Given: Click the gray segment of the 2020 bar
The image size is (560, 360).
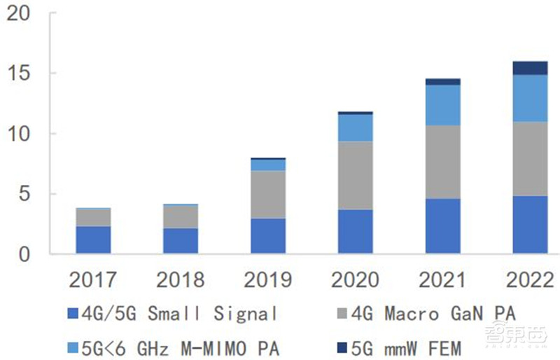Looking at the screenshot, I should tap(355, 175).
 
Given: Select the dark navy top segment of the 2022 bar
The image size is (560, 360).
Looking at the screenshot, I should tap(530, 68).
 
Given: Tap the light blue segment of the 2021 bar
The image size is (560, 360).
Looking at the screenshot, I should tap(442, 105).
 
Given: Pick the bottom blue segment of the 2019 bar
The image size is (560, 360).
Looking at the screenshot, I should tap(268, 236).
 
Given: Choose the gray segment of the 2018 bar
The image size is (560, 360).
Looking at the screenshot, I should tap(181, 217).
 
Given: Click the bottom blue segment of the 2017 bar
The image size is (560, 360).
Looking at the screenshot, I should tap(93, 240).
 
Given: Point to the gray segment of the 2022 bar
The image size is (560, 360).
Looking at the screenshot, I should tap(530, 158).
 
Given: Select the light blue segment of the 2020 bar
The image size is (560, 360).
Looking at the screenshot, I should tap(355, 127).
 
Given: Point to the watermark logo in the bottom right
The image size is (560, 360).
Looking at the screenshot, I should tap(515, 335).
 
